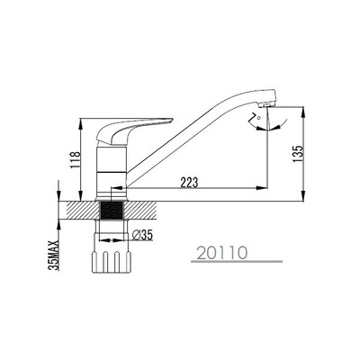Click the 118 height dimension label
click(76, 160)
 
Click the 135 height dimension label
click(299, 155)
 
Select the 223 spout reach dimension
click(189, 183)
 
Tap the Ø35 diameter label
click(143, 236)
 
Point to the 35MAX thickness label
click(55, 256)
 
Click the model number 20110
click(222, 253)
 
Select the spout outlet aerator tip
click(265, 105)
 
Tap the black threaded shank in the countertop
click(112, 211)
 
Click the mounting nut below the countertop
click(112, 261)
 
